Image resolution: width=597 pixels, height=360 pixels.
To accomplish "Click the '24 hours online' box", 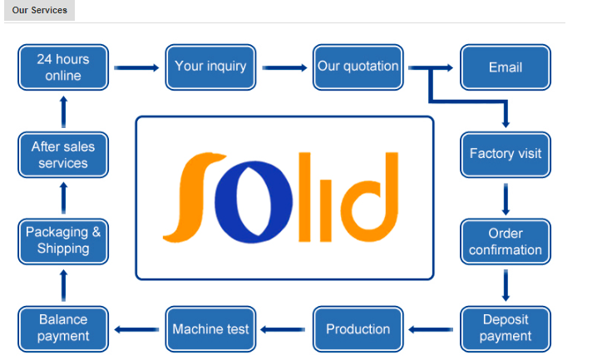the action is point(63,67).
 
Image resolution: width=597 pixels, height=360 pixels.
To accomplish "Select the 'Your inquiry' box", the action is point(210,67).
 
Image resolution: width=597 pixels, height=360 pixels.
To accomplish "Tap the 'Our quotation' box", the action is point(358,67).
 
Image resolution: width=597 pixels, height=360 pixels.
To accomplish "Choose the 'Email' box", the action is point(506,67).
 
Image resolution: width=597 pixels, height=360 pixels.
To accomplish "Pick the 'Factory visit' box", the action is point(506,155).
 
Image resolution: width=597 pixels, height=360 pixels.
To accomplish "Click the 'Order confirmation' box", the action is point(506,241).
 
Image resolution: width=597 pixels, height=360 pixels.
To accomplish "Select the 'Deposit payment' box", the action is point(506,328).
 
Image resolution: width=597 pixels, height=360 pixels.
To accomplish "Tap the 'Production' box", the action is point(358,328).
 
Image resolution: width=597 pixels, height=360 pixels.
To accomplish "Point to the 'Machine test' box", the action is point(210,328).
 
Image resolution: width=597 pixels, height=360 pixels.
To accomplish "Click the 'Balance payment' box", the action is point(63,328).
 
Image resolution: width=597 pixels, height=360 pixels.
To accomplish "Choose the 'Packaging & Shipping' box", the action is point(63,241).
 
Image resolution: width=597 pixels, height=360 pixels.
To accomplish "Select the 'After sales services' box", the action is point(63,155).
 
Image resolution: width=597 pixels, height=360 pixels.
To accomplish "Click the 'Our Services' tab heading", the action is point(40,10).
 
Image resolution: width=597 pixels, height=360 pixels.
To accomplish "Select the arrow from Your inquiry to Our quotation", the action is point(284,67).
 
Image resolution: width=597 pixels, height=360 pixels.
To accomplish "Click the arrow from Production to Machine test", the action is point(283,329).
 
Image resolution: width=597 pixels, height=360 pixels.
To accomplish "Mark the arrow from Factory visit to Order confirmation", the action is point(506,200).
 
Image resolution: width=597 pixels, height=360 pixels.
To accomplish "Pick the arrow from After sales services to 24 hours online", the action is point(63,112).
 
